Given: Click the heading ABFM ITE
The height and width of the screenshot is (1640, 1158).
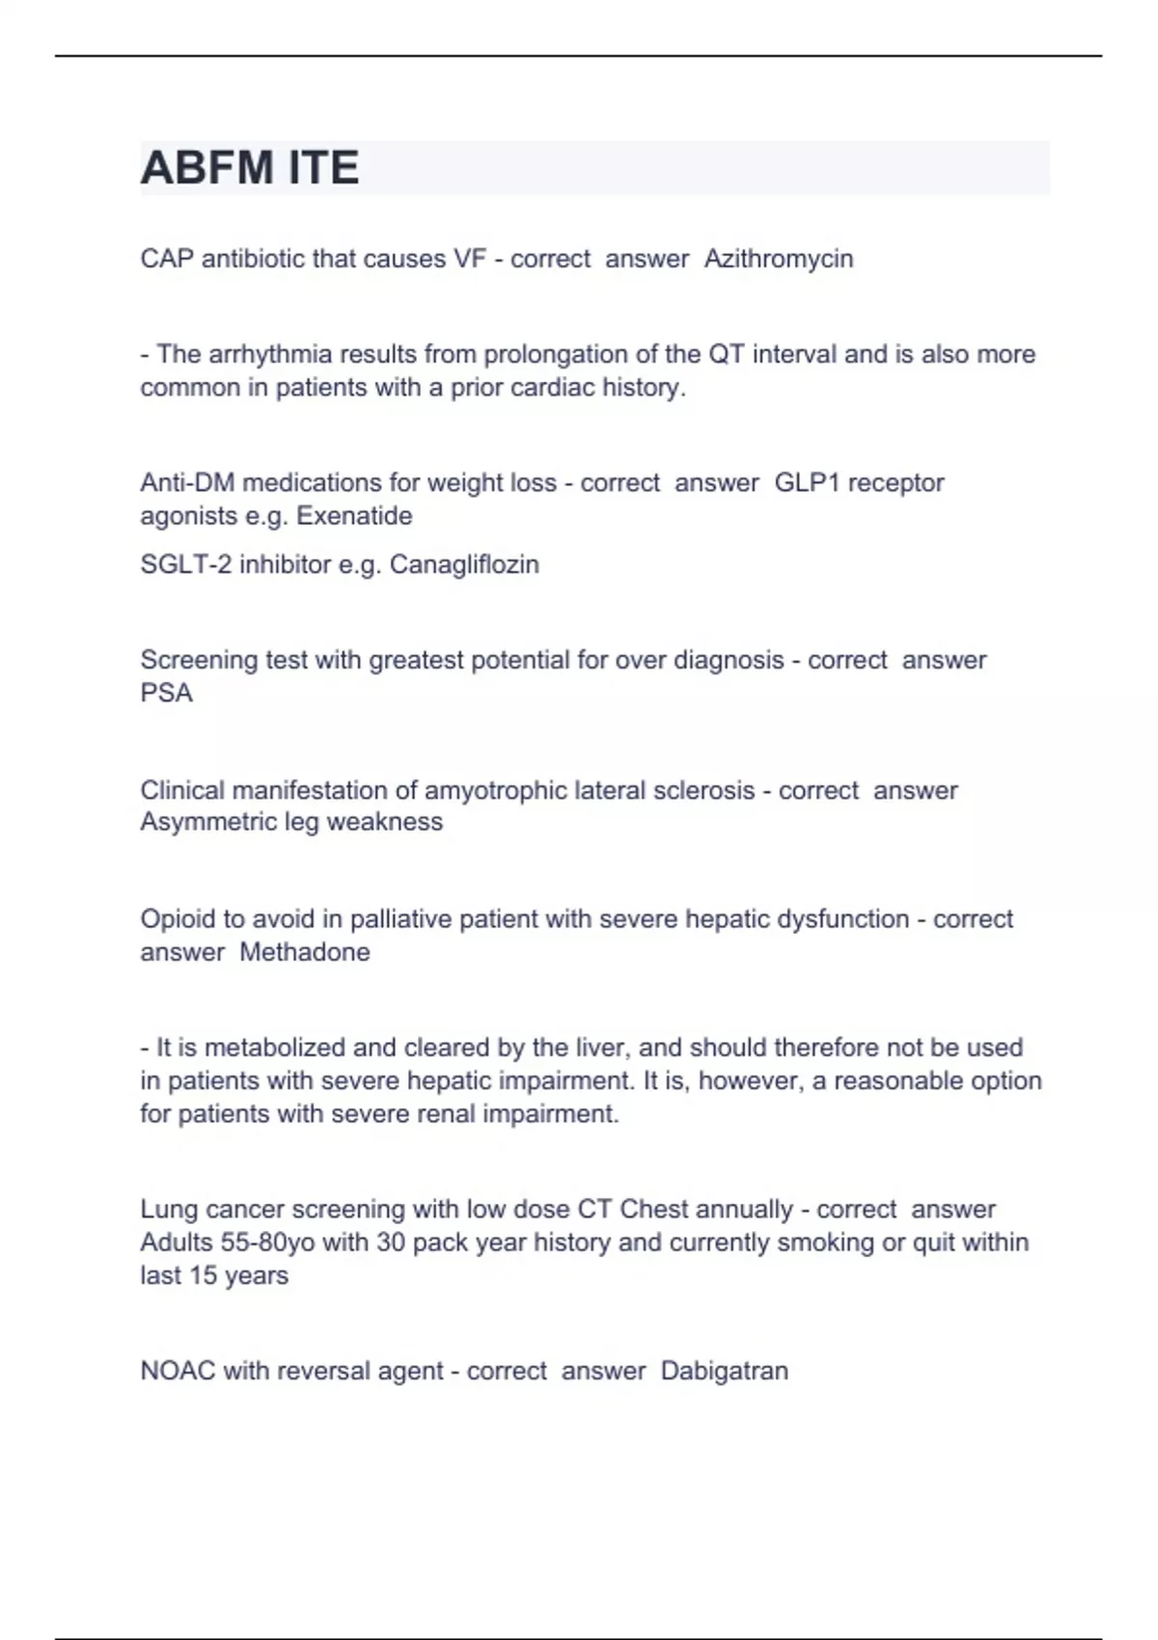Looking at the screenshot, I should [x=250, y=168].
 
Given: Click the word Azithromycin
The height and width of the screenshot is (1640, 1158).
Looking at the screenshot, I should [x=779, y=259].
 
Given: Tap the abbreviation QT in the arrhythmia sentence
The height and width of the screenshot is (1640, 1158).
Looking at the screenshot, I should [x=727, y=354].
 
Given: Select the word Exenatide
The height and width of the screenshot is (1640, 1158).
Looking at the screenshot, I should [x=354, y=516].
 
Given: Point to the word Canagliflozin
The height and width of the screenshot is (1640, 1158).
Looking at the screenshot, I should [x=464, y=564].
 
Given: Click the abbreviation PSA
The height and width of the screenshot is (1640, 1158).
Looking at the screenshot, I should [x=166, y=694].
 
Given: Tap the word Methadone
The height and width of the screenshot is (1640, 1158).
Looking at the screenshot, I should [x=305, y=952].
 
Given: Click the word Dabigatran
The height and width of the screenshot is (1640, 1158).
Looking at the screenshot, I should [x=725, y=1371].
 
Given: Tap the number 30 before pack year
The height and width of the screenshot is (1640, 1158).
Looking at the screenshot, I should [x=391, y=1243].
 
